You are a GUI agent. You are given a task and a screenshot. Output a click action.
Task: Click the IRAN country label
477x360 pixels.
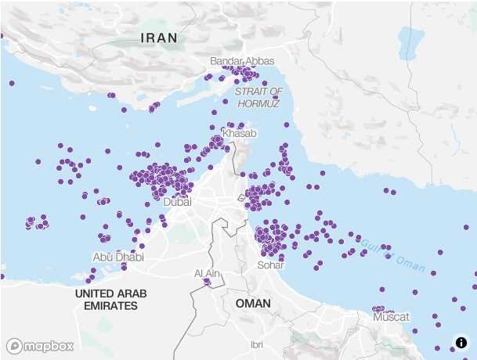point(159,38)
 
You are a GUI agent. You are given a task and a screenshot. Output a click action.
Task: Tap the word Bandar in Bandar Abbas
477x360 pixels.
point(226,61)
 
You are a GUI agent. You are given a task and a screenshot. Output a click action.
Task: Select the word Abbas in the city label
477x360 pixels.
point(260,61)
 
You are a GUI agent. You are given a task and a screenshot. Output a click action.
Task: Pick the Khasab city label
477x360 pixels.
point(239,134)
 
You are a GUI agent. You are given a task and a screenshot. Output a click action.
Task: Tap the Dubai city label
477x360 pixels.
point(178,202)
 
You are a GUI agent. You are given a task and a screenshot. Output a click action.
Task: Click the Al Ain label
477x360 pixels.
point(208,273)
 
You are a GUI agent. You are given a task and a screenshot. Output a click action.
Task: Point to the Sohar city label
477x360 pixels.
point(270,265)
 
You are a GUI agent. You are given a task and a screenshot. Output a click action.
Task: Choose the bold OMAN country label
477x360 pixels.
point(253,303)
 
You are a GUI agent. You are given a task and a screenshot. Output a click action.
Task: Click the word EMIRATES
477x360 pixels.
point(110,306)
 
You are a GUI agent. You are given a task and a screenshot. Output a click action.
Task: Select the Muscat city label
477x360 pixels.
point(392,317)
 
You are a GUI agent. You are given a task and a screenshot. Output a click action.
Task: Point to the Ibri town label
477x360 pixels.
point(256,344)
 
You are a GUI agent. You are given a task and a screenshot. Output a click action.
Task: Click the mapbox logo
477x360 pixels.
point(40,345)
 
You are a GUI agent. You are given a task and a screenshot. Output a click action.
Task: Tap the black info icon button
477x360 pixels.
point(461,343)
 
